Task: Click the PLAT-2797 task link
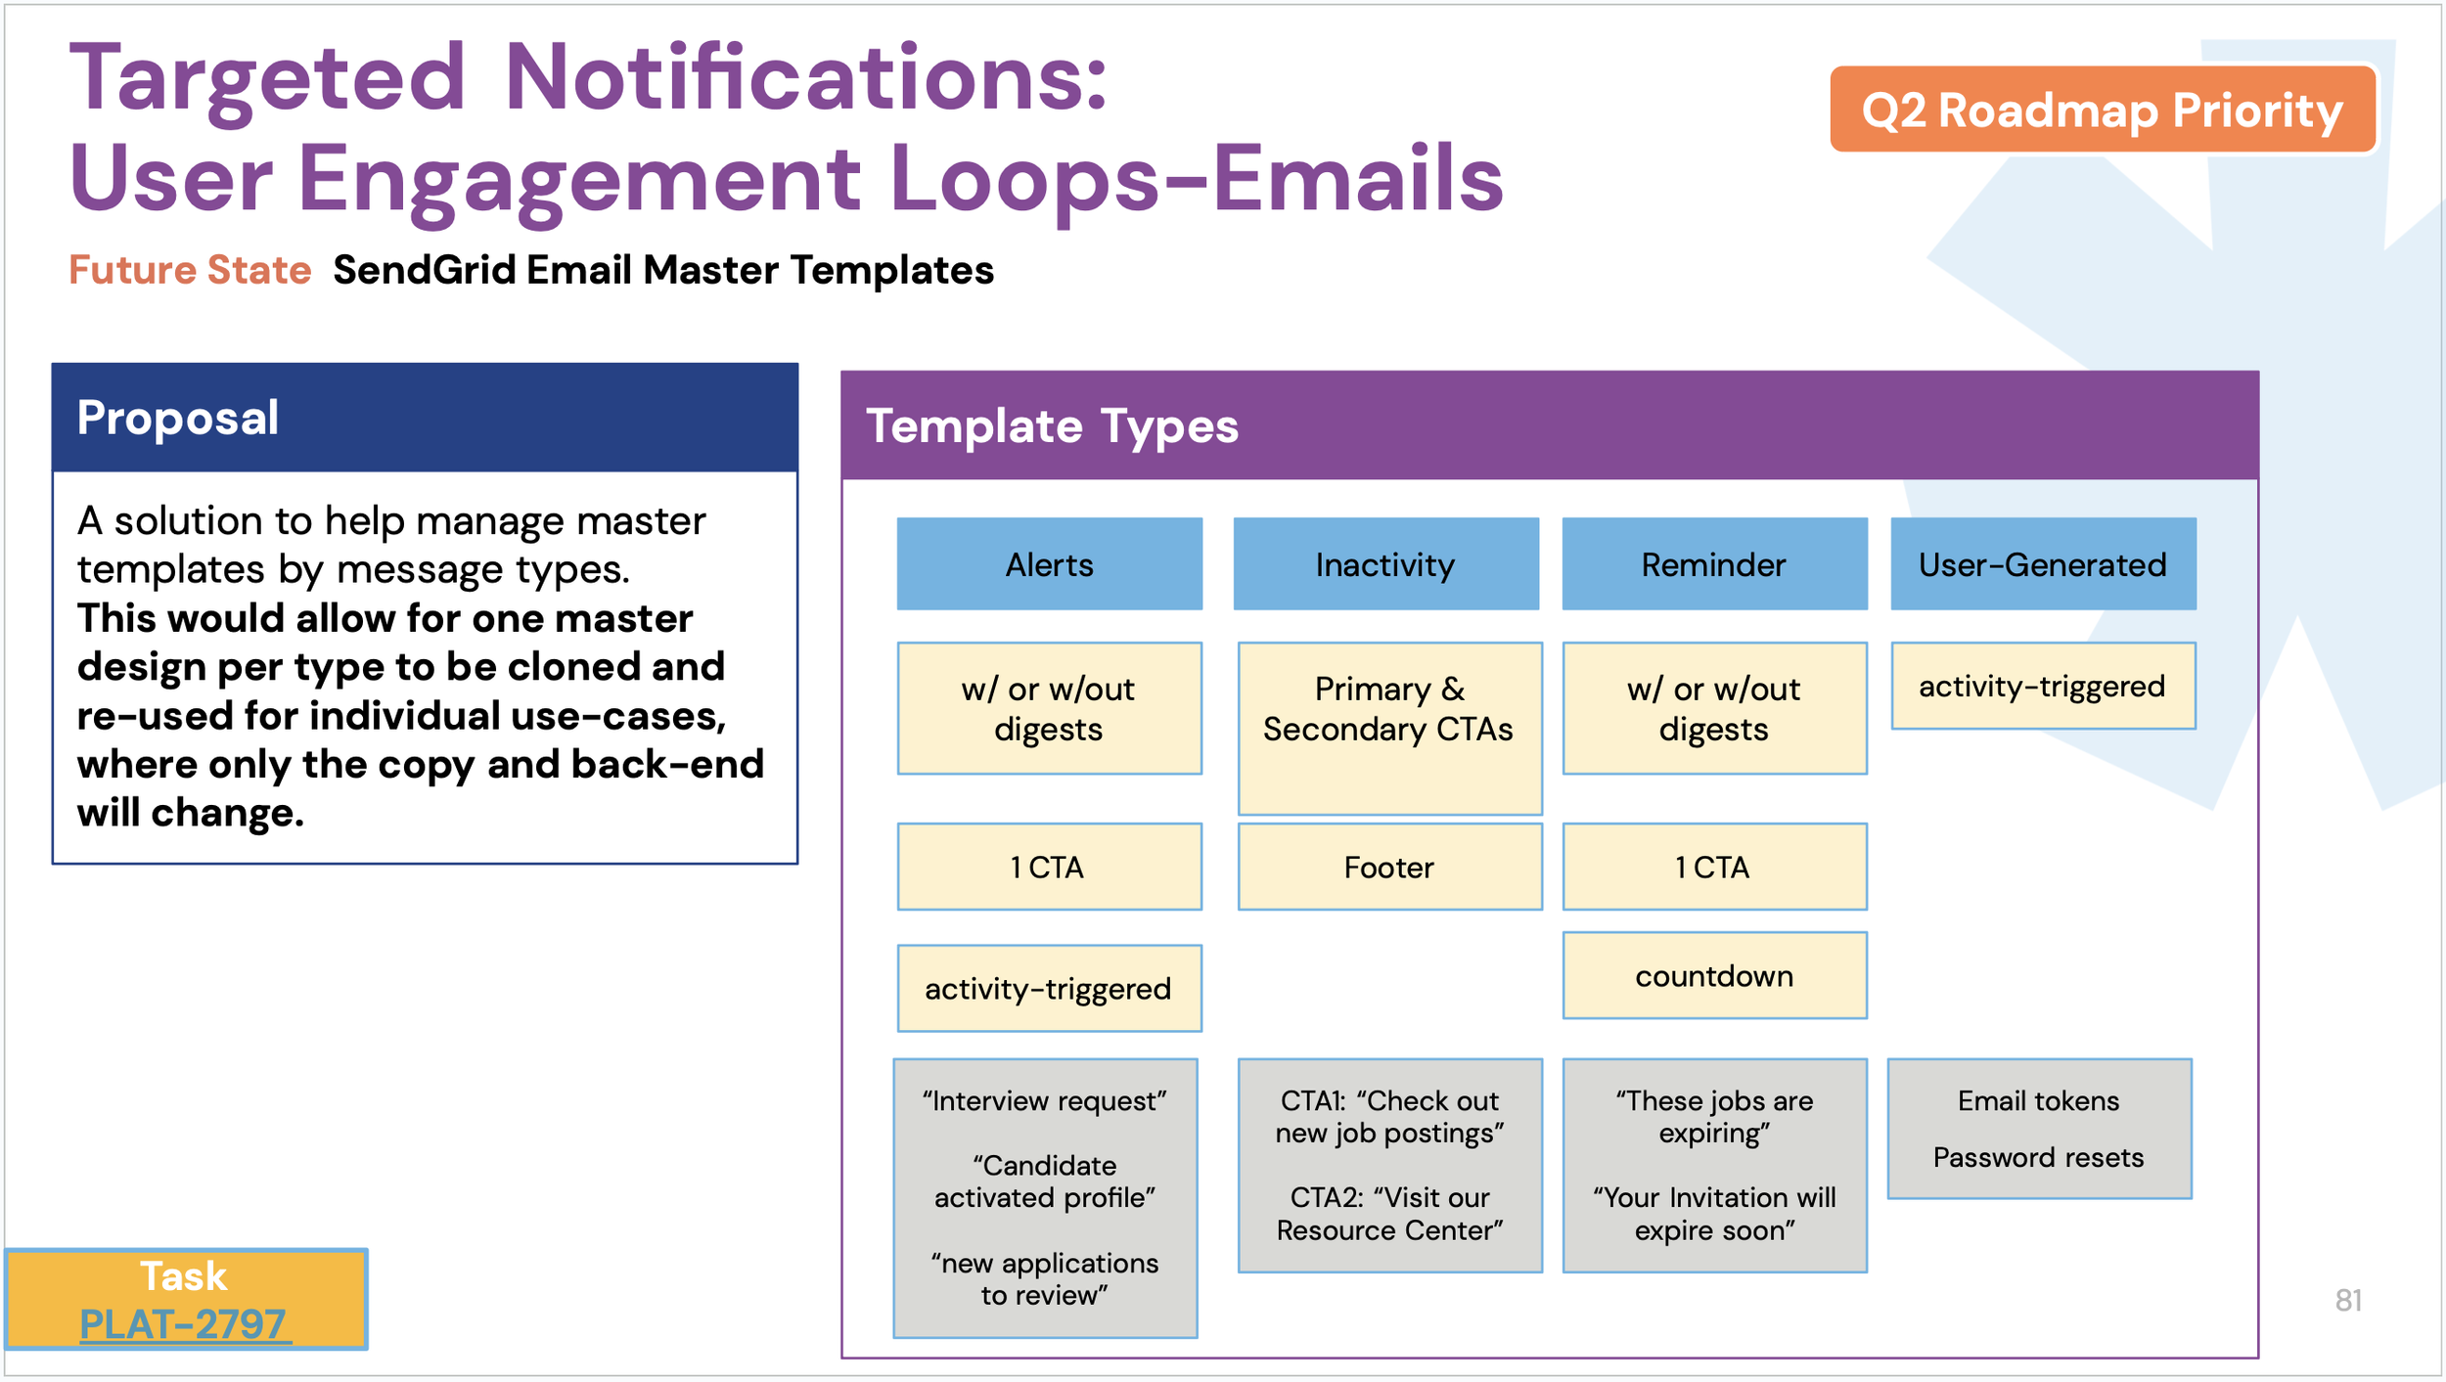click(183, 1324)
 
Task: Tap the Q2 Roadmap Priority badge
click(2102, 110)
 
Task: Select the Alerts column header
click(1049, 564)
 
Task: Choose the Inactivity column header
click(1385, 564)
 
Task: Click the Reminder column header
click(1713, 564)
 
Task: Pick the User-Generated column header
click(2042, 564)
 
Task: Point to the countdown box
click(1714, 975)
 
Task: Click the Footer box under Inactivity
click(1389, 867)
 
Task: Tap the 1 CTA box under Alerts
click(1049, 867)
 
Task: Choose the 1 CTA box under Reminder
click(1714, 867)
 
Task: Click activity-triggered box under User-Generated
click(2042, 686)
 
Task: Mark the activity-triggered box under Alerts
click(1049, 988)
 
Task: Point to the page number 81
click(2348, 1300)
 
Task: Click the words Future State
click(190, 270)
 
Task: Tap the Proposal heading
click(178, 418)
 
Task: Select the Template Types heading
click(1052, 426)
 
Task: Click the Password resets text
click(2038, 1157)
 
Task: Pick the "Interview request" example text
click(1044, 1101)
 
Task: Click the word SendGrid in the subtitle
click(424, 270)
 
